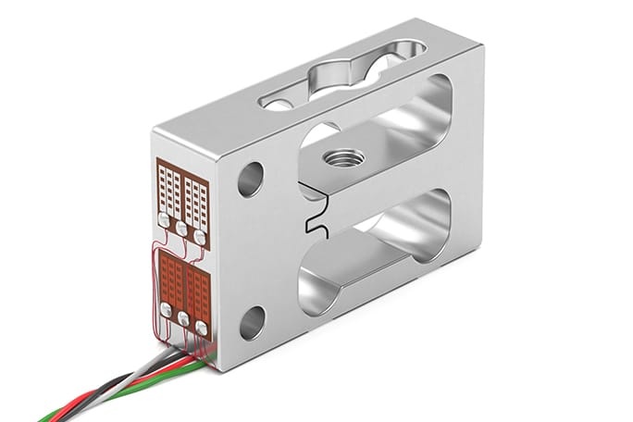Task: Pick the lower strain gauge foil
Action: point(183,283)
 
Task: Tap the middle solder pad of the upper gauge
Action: point(182,228)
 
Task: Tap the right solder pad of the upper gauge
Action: point(200,237)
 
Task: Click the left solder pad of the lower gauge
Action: point(166,308)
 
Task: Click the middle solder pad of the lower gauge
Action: point(183,317)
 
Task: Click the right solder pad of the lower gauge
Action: point(201,326)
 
